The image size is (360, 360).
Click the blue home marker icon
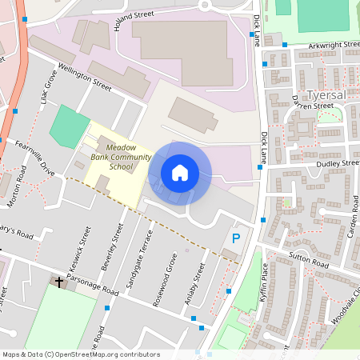click(179, 172)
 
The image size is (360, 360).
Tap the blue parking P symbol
click(235, 238)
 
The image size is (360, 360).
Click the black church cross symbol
click(58, 282)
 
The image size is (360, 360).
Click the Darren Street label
click(313, 105)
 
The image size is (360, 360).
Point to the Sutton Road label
click(308, 262)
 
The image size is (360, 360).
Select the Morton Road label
click(17, 193)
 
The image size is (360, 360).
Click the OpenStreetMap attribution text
click(80, 354)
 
